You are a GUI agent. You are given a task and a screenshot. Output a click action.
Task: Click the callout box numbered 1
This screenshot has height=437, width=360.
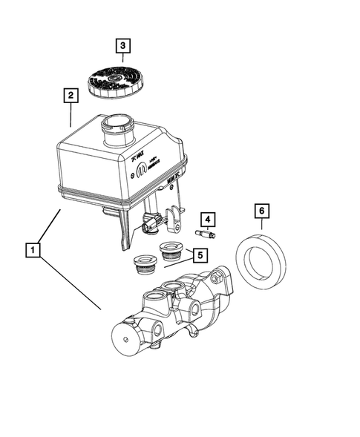(32, 249)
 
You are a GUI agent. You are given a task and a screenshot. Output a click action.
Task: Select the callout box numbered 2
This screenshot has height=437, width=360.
(70, 96)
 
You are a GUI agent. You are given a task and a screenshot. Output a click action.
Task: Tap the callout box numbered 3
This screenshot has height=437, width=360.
(123, 46)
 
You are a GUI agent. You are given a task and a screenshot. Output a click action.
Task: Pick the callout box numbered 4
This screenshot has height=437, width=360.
(209, 219)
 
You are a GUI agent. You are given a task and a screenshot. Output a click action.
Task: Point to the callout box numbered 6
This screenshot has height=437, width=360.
(261, 211)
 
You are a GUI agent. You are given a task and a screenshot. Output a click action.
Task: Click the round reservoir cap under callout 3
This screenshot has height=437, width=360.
(116, 80)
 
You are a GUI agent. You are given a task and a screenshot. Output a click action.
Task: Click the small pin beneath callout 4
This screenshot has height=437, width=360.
(204, 234)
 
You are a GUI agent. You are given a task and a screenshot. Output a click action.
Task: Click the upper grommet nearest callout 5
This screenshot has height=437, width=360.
(171, 250)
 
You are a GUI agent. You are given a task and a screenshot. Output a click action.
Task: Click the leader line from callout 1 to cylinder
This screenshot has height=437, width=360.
(71, 279)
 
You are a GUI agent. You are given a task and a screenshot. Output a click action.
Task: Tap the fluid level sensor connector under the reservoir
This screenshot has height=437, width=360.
(152, 220)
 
